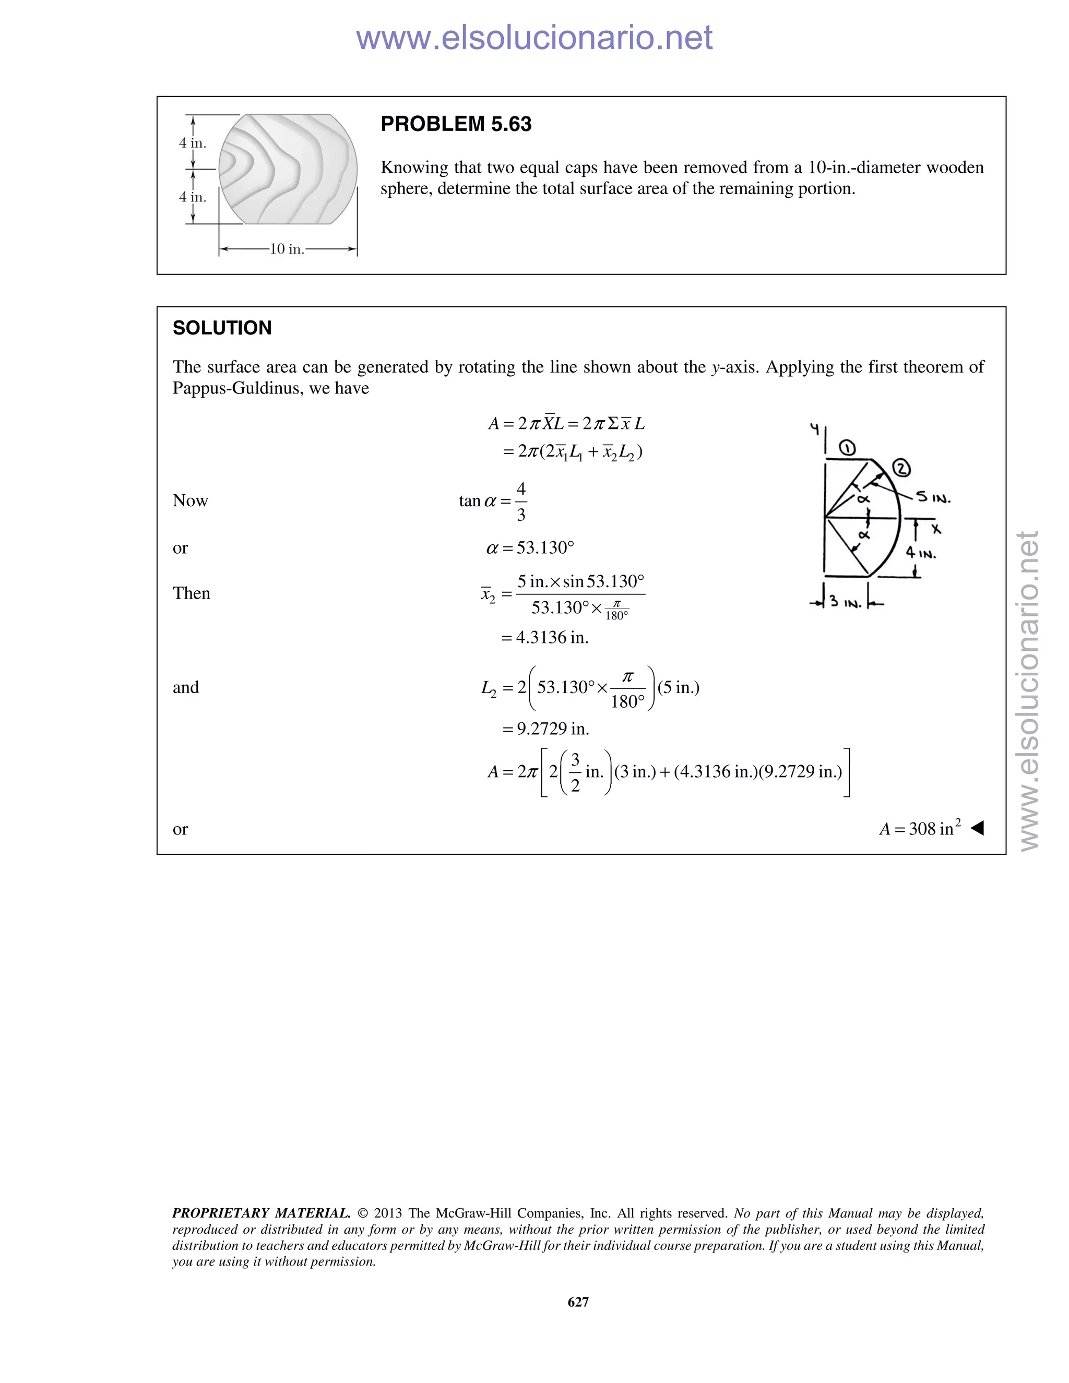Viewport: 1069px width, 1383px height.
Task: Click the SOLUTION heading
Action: click(222, 328)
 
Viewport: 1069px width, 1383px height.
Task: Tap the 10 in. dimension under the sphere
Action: click(287, 249)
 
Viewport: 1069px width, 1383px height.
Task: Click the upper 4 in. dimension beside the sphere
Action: click(192, 143)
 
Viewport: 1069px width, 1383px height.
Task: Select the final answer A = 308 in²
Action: click(920, 828)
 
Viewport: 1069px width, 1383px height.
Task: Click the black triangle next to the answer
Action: click(977, 828)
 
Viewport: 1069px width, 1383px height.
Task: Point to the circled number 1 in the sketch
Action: click(847, 449)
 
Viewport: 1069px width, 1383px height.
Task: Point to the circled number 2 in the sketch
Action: click(901, 469)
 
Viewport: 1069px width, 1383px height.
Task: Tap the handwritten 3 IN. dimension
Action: click(846, 603)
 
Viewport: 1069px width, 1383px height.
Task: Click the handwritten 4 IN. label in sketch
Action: click(920, 553)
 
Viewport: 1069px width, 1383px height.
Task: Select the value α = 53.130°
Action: click(530, 548)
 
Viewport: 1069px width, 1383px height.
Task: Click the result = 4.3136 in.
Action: click(544, 638)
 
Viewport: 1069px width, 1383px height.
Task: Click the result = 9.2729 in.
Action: click(545, 729)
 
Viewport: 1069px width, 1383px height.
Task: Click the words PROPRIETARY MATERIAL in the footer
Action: click(261, 1213)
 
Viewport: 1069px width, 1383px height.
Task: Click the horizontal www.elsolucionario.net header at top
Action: click(534, 38)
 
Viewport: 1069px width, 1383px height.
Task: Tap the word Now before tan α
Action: click(190, 501)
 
